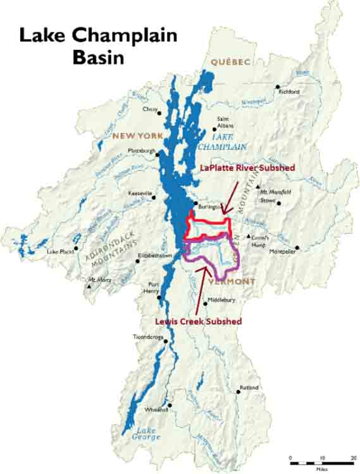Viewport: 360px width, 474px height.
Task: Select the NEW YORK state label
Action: pyautogui.click(x=137, y=135)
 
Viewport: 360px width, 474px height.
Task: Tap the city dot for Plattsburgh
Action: pyautogui.click(x=158, y=152)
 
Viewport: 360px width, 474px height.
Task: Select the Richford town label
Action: pyautogui.click(x=289, y=92)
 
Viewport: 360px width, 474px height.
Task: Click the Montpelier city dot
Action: pyautogui.click(x=296, y=248)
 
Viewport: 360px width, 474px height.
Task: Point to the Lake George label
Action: pyautogui.click(x=147, y=434)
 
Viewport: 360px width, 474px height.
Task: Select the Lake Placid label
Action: pyautogui.click(x=61, y=251)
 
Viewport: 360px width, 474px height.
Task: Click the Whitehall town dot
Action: pyautogui.click(x=170, y=406)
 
